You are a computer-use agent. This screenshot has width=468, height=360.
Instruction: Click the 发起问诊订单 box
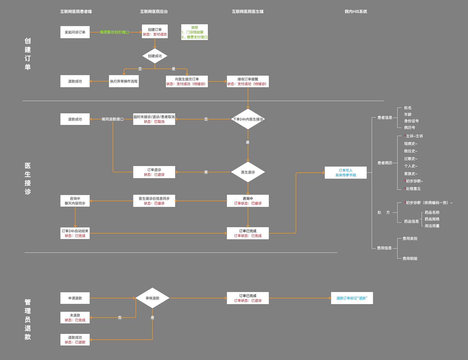tap(75, 32)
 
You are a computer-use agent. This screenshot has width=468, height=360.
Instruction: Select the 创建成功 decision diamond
tap(155, 56)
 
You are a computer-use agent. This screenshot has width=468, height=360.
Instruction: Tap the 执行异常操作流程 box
tap(124, 81)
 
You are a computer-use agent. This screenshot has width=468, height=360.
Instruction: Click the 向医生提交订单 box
tap(187, 81)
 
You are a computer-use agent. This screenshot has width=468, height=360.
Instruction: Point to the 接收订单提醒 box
tap(248, 81)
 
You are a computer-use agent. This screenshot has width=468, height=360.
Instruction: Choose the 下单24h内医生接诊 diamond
tap(248, 119)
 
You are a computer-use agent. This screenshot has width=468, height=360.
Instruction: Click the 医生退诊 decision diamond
tap(248, 172)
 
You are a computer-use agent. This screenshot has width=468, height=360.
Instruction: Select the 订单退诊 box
tap(154, 172)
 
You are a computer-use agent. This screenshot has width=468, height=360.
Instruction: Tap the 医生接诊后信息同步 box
tap(154, 201)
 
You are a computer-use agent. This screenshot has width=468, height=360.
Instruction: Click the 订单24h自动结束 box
tap(75, 233)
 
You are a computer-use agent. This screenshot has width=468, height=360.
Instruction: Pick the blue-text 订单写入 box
tap(346, 173)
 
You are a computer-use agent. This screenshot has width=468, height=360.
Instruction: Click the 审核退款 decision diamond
tap(152, 298)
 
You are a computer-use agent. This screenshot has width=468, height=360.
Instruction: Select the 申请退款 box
tap(75, 298)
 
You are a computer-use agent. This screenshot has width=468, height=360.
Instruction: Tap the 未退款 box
tap(75, 318)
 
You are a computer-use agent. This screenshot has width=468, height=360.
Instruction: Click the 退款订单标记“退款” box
tap(352, 298)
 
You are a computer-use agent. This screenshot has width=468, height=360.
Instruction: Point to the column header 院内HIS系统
tap(356, 12)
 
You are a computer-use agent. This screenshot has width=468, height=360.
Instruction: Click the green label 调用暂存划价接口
tap(114, 32)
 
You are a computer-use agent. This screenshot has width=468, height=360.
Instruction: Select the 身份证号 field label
tap(411, 121)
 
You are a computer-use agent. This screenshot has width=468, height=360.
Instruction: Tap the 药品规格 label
tap(432, 219)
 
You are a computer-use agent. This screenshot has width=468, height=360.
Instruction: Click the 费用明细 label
tap(410, 259)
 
